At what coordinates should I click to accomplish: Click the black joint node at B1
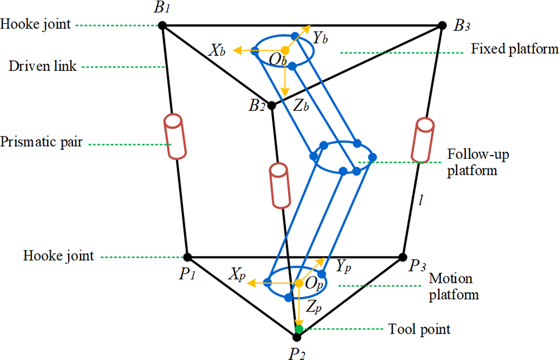pyautogui.click(x=162, y=25)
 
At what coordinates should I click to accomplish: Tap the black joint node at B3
pyautogui.click(x=441, y=25)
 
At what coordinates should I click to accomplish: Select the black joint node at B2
pyautogui.click(x=271, y=105)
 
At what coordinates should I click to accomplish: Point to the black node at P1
pyautogui.click(x=187, y=257)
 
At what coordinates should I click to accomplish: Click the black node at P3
pyautogui.click(x=402, y=257)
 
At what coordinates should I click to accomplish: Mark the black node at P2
pyautogui.click(x=297, y=337)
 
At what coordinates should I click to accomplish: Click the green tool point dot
pyautogui.click(x=299, y=328)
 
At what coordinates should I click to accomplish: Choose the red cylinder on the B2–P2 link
pyautogui.click(x=279, y=186)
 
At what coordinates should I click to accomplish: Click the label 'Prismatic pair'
pyautogui.click(x=42, y=142)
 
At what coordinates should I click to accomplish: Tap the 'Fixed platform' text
pyautogui.click(x=514, y=50)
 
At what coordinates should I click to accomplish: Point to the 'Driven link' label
pyautogui.click(x=38, y=66)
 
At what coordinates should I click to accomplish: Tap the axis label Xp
pyautogui.click(x=235, y=274)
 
